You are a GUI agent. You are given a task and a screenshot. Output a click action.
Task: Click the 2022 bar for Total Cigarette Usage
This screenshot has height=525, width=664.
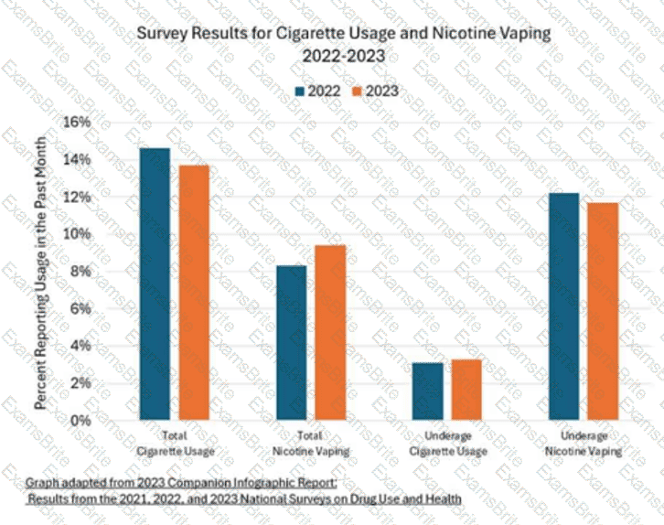click(155, 284)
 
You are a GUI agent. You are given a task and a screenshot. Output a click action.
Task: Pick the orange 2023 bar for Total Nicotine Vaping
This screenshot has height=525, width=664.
click(331, 332)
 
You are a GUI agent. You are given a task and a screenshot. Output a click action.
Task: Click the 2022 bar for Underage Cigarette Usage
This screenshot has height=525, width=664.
click(428, 391)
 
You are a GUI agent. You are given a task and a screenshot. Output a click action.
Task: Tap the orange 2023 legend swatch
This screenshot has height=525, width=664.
click(358, 91)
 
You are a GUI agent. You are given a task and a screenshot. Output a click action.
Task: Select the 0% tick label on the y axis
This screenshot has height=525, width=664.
click(80, 421)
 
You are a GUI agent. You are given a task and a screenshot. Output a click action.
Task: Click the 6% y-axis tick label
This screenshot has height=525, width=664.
click(80, 309)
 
